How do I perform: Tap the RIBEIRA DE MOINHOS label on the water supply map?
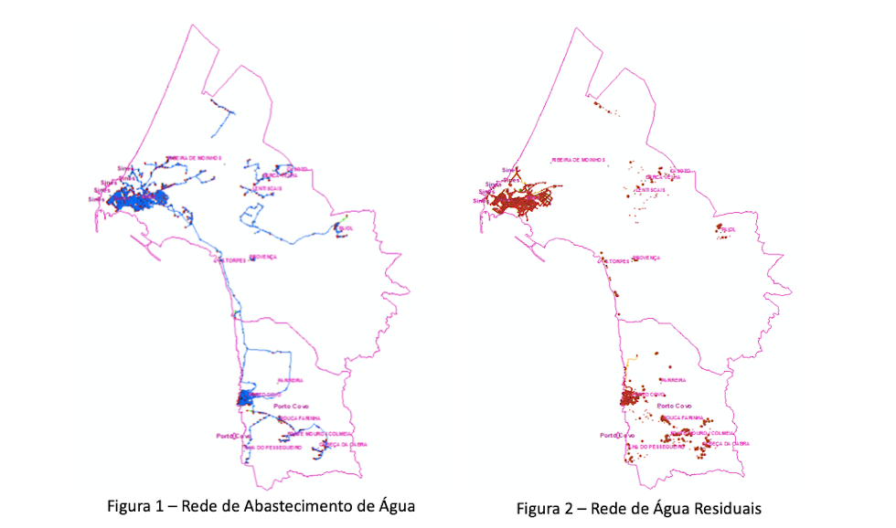[x=193, y=158]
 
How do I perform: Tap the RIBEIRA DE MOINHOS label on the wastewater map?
[x=578, y=159]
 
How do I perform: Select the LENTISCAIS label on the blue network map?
[x=266, y=188]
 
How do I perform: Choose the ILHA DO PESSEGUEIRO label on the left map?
[x=271, y=447]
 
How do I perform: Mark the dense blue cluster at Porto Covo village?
[x=247, y=398]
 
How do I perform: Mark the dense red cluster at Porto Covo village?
[x=631, y=398]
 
